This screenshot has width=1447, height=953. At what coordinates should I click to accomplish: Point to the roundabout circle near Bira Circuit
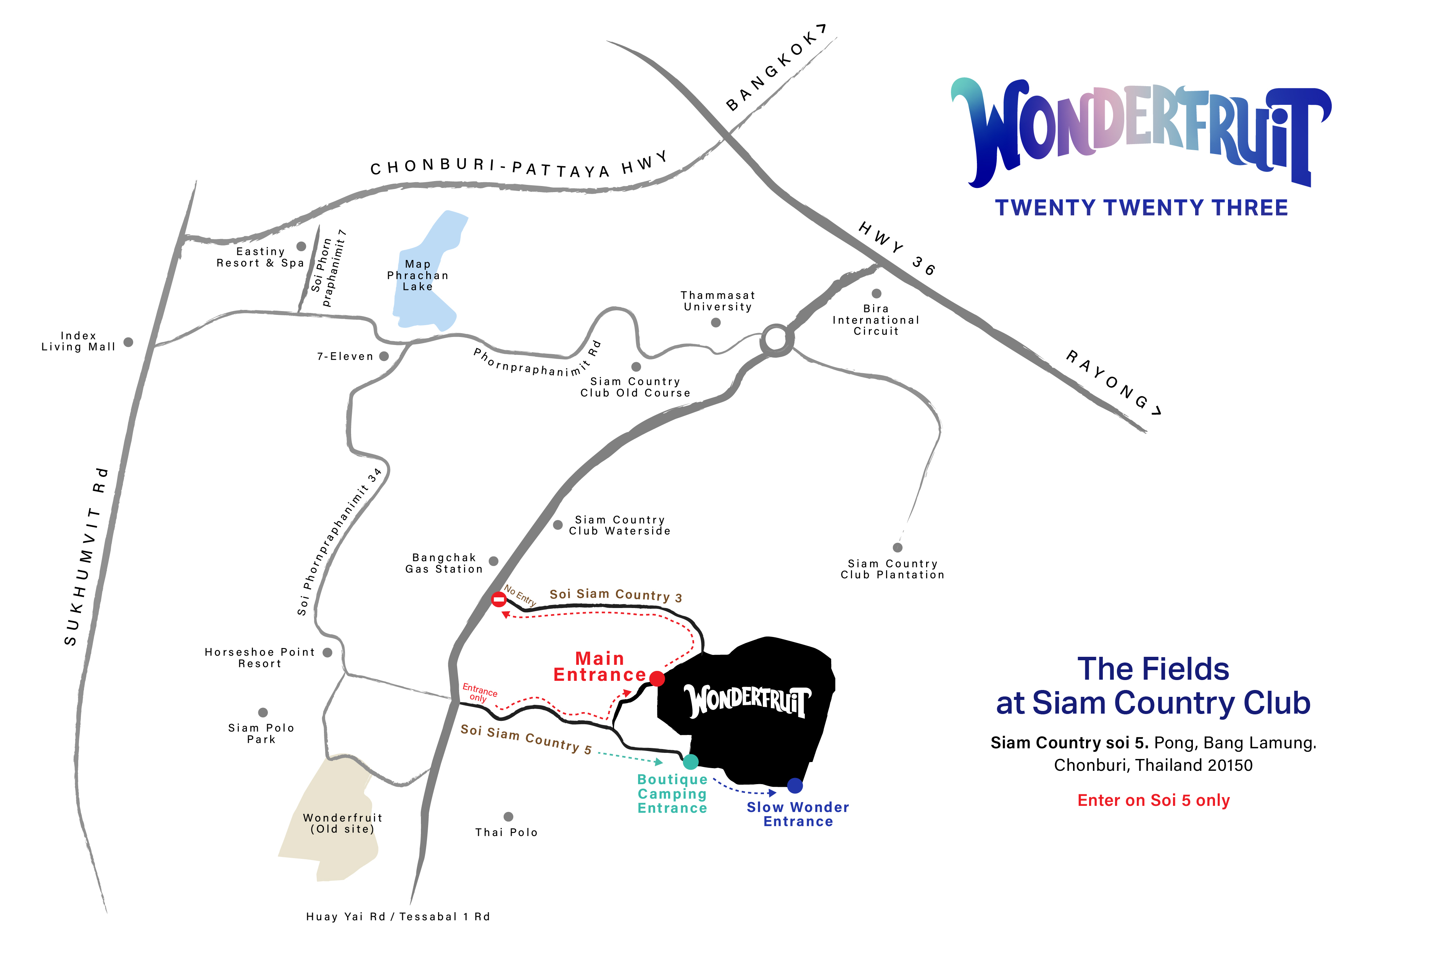[776, 339]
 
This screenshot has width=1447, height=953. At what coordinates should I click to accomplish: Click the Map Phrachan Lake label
[418, 275]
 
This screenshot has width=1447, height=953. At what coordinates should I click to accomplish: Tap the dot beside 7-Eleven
[384, 356]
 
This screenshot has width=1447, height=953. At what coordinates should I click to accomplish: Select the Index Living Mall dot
[128, 342]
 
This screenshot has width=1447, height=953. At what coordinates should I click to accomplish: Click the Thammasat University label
[718, 301]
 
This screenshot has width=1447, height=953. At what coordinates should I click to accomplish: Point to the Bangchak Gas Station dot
[494, 561]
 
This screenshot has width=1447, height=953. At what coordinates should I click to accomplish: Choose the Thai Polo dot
[509, 817]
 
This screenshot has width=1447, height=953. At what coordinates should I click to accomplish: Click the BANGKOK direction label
[775, 68]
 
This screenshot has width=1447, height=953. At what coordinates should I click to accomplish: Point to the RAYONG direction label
[1113, 383]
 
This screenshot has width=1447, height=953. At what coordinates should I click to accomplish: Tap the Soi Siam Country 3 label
[616, 595]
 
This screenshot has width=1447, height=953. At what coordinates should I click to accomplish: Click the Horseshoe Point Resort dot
[327, 653]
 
